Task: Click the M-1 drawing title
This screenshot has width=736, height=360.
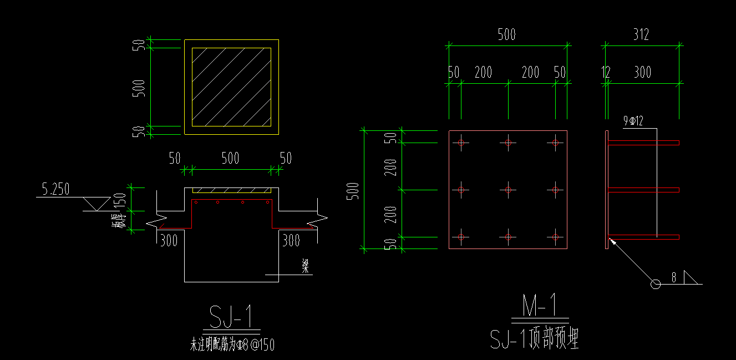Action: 540,306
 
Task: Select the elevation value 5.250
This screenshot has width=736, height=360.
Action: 55,190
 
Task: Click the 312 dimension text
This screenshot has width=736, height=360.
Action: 641,35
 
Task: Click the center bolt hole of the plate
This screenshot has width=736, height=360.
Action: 508,190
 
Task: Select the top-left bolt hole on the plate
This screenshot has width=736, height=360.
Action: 461,143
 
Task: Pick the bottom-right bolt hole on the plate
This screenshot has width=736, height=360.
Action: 555,237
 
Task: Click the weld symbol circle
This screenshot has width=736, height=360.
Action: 655,284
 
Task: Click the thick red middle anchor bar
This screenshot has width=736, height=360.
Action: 643,190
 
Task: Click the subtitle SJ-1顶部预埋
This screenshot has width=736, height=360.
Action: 535,338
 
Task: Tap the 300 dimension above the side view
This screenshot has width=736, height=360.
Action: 643,72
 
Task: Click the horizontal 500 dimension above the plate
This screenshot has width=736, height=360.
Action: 506,35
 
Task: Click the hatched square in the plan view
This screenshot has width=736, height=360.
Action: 231,87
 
